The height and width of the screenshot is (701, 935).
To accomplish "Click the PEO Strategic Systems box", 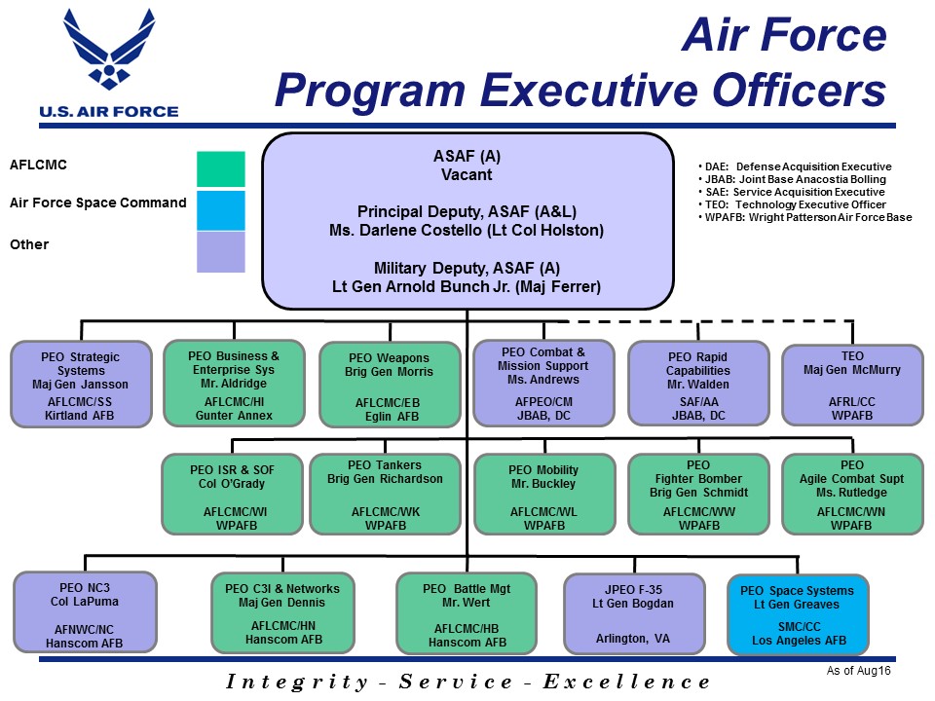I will point(81,385).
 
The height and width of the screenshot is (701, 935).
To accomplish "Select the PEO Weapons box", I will point(390,385).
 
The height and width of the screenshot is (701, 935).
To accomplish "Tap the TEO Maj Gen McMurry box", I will point(852,384).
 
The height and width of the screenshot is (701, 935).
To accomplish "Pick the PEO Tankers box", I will point(384,495).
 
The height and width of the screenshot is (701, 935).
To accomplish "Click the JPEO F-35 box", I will point(633,612).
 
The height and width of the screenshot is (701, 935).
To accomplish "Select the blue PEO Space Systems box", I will point(797,613).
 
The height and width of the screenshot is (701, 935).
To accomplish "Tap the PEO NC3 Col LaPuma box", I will point(85,611).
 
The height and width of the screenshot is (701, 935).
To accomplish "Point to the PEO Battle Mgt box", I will point(467,612).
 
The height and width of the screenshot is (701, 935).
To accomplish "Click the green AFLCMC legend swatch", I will point(220,168).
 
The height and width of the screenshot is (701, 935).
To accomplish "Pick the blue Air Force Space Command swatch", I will point(220,209).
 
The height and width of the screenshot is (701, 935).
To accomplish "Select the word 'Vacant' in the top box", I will point(467,175).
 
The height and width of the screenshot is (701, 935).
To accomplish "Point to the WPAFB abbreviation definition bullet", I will point(806,217).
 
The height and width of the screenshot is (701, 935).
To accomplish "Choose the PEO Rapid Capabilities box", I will point(698,384).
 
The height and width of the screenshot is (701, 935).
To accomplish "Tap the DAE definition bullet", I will point(797,166).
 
